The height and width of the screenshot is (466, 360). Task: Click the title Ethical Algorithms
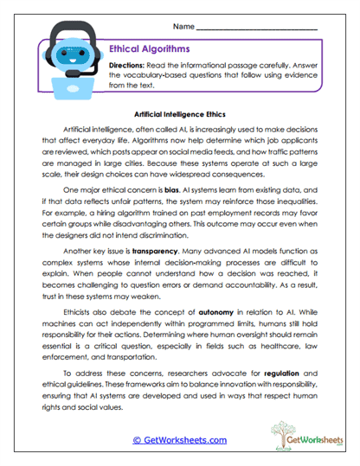(150, 49)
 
